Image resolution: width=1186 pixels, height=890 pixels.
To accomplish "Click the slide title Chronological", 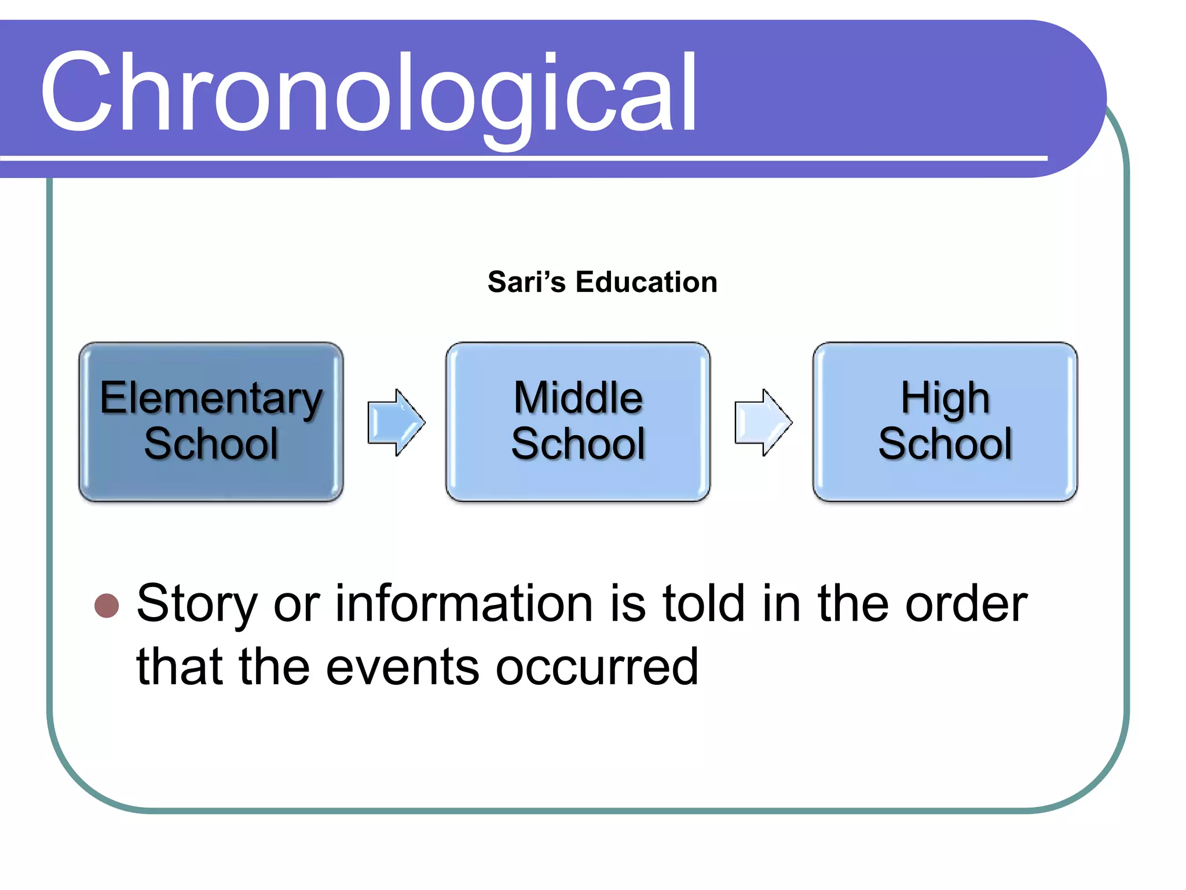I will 368,93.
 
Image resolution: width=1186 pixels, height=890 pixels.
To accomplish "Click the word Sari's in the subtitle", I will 526,282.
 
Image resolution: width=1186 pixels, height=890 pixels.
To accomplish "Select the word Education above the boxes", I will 646,282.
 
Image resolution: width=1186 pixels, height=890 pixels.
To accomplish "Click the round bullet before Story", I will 107,606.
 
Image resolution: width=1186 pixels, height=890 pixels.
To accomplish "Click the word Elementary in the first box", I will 211,399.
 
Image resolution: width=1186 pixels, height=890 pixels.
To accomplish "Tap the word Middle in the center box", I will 578,399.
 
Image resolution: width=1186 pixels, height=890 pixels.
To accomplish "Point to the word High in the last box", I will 945,399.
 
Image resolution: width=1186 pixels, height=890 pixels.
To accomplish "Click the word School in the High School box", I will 945,444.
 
